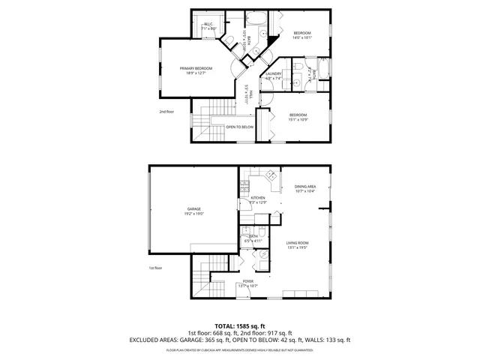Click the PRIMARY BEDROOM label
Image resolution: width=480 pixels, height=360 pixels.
click(192, 68)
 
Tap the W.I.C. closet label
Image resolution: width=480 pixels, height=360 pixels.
click(208, 25)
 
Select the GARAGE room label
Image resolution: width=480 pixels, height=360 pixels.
click(194, 209)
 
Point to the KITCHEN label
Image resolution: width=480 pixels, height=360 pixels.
click(258, 198)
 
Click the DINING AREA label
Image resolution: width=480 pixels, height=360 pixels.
click(304, 187)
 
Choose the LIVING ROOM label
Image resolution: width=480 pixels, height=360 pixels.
click(298, 242)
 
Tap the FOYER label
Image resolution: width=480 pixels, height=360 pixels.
click(247, 280)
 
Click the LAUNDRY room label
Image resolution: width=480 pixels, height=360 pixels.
click(273, 73)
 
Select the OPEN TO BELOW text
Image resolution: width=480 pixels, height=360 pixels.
click(240, 127)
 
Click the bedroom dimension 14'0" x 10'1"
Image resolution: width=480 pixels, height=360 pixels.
click(301, 38)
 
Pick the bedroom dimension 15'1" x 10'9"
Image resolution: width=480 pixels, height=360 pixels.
click(298, 119)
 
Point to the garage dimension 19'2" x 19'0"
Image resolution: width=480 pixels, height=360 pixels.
click(194, 214)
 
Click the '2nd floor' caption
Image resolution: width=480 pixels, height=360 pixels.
click(166, 112)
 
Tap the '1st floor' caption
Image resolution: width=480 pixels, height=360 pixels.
click(155, 268)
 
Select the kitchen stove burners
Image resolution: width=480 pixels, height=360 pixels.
click(244, 184)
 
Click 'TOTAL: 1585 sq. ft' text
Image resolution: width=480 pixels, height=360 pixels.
click(240, 325)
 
